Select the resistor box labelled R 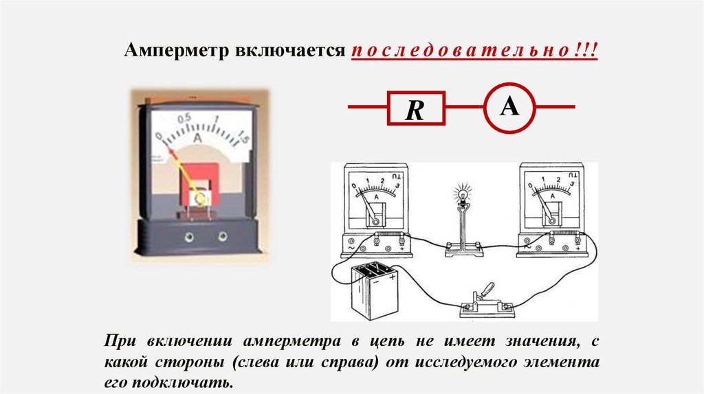point(415,108)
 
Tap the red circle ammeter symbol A point(509,106)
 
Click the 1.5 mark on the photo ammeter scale point(242,141)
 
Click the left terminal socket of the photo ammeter point(188,237)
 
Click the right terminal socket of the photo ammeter point(222,237)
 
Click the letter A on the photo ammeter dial point(198,138)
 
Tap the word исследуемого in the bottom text point(459,360)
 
